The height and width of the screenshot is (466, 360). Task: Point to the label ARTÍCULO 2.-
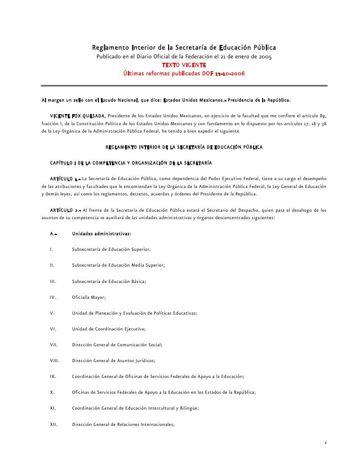65,210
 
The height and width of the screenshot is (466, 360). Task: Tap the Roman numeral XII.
54,424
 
